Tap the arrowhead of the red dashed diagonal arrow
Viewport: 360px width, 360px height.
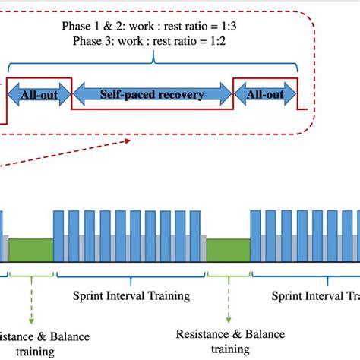pos(133,140)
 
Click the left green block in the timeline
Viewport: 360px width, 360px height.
pos(30,250)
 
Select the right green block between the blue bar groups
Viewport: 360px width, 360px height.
pos(228,250)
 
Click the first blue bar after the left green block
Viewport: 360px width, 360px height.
pos(58,236)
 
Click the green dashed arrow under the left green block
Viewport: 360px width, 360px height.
pos(30,296)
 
